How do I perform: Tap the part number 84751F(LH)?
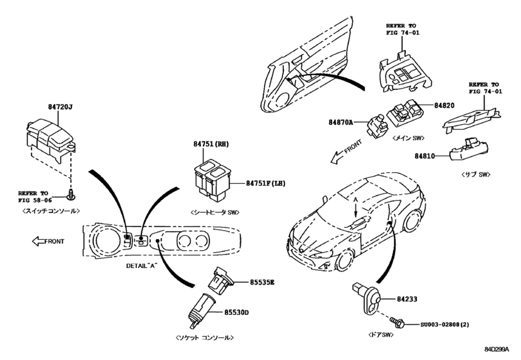point(265,184)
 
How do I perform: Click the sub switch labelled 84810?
point(468,148)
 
